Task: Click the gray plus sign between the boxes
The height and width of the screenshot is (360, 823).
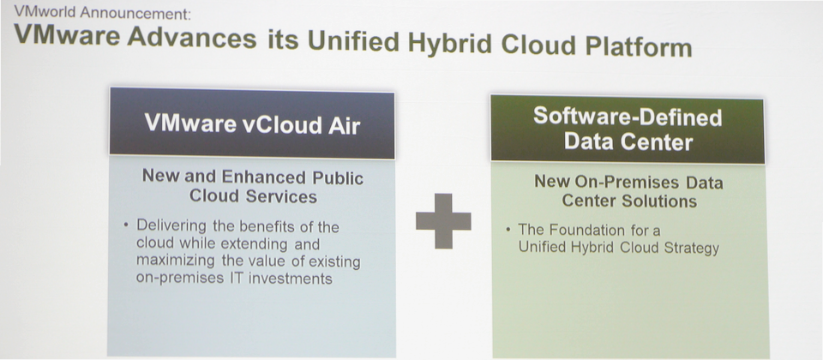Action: pos(443,221)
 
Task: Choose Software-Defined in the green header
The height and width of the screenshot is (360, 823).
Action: pos(628,117)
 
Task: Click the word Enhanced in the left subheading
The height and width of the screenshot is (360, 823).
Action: pos(252,177)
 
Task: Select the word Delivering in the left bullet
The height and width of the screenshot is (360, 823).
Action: pos(165,226)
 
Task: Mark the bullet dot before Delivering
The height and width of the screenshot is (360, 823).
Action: pos(126,225)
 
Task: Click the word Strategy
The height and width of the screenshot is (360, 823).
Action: pos(694,249)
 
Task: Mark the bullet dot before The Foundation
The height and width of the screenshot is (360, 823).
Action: pos(508,230)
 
